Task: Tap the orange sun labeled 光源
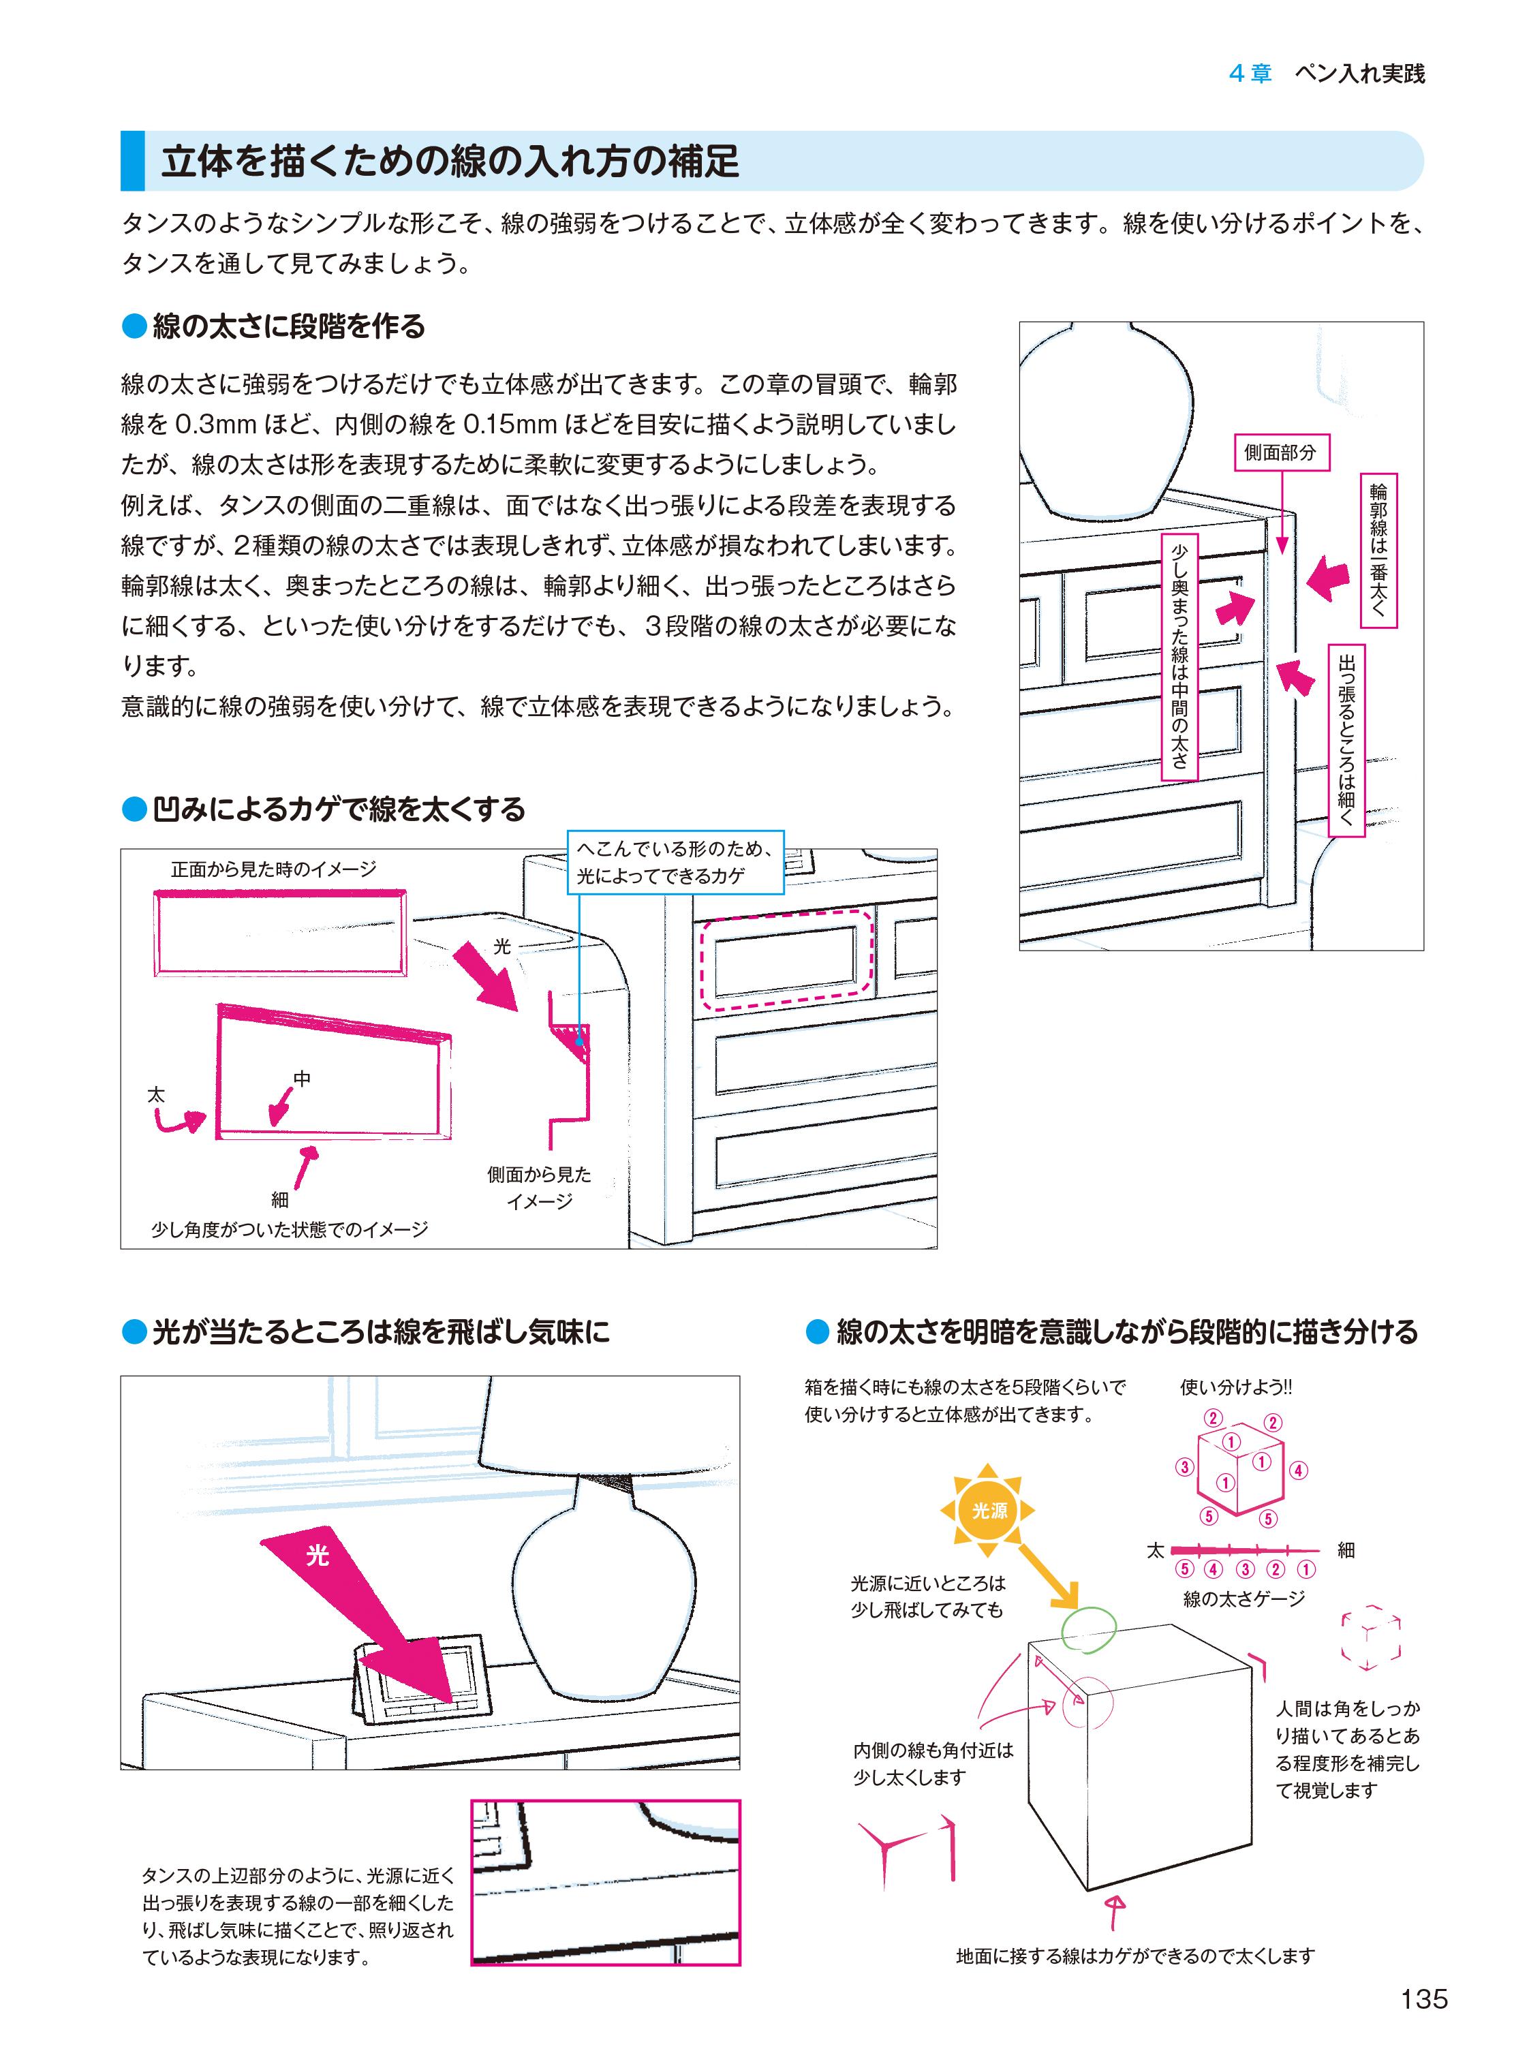coord(987,1511)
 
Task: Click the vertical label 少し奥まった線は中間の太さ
coord(1179,655)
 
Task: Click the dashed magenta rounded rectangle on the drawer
coord(786,959)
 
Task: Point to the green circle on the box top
coord(1088,1627)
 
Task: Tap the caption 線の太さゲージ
coord(1243,1598)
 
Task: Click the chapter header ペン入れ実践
coord(1359,74)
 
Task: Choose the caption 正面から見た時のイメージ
coord(273,869)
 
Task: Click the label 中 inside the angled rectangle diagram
coord(302,1079)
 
